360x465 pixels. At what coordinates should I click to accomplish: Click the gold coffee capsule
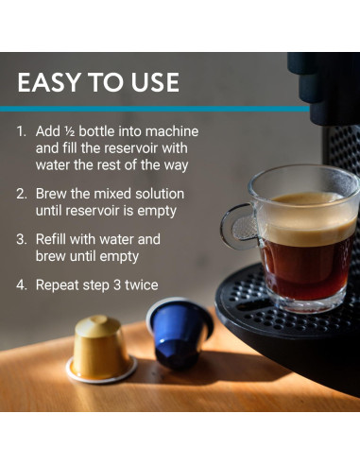(101, 349)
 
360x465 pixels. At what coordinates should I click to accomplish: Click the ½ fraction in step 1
(69, 131)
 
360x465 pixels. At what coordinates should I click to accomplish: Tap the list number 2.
(22, 194)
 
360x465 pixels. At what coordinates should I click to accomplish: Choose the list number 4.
(22, 285)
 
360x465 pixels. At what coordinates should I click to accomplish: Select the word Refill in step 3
(51, 239)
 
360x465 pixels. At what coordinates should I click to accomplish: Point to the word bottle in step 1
(96, 131)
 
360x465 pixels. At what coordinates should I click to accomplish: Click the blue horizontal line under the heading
(155, 109)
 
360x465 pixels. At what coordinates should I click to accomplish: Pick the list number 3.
(22, 239)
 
